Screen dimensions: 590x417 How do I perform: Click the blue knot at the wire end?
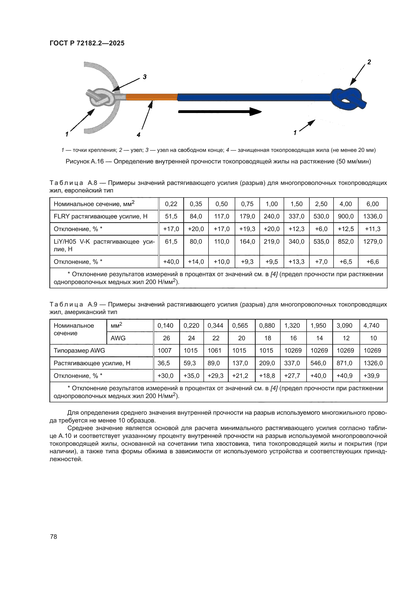(x=348, y=99)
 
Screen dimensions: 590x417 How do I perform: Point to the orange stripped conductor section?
(x=152, y=97)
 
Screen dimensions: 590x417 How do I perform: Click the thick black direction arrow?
(x=220, y=111)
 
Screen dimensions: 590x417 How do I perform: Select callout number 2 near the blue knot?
(x=369, y=62)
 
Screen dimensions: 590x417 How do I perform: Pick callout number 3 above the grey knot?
(x=144, y=77)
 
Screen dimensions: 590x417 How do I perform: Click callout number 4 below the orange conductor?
(x=138, y=135)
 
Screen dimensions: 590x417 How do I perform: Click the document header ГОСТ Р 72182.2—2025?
(x=87, y=43)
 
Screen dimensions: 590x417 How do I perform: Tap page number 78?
(x=53, y=537)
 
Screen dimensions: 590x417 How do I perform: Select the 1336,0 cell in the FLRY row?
(x=372, y=216)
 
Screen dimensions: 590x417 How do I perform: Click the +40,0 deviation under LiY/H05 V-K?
(x=171, y=262)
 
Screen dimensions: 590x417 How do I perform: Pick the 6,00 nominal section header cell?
(x=372, y=204)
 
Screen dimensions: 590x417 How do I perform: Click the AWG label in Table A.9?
(x=118, y=338)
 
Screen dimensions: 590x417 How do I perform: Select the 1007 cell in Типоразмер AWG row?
(x=164, y=351)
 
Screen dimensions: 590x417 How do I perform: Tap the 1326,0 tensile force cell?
(x=373, y=363)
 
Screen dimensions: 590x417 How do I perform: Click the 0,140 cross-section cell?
(x=165, y=326)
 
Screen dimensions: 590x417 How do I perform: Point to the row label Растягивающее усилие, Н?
(x=92, y=363)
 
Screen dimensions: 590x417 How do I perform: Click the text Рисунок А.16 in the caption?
(x=84, y=161)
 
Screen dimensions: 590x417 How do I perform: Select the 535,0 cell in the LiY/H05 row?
(x=321, y=242)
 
